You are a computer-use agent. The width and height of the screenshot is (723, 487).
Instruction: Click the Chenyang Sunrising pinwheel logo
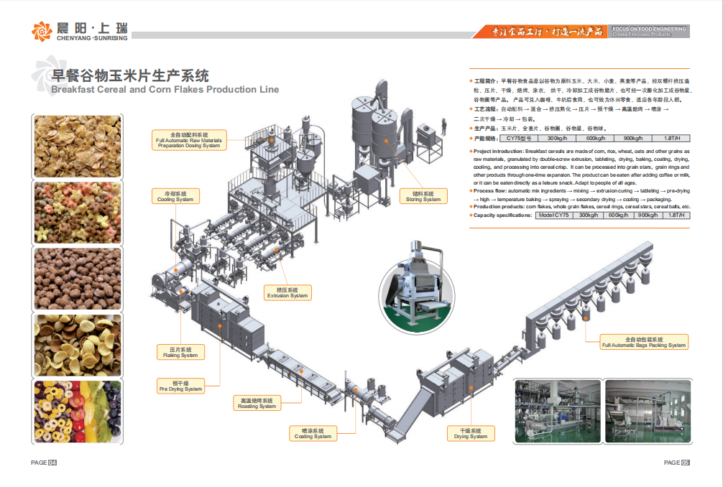click(42, 31)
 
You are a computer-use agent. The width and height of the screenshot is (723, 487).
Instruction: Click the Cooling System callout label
click(175, 196)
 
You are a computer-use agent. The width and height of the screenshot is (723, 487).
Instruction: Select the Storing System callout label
click(423, 196)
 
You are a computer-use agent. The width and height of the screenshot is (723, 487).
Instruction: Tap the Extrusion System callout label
click(287, 292)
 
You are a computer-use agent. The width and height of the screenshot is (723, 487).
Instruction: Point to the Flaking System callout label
click(180, 352)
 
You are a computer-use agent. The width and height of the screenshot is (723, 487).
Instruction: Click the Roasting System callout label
click(257, 404)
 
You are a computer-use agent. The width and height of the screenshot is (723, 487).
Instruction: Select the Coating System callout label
click(313, 433)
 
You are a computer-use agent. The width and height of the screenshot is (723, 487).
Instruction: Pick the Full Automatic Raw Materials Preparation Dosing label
click(188, 139)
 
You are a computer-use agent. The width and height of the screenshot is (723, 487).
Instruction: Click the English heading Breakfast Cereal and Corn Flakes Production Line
click(164, 90)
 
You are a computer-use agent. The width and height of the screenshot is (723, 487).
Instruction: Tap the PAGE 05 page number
click(676, 463)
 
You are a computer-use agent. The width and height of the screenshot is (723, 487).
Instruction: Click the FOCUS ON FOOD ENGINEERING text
click(649, 29)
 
